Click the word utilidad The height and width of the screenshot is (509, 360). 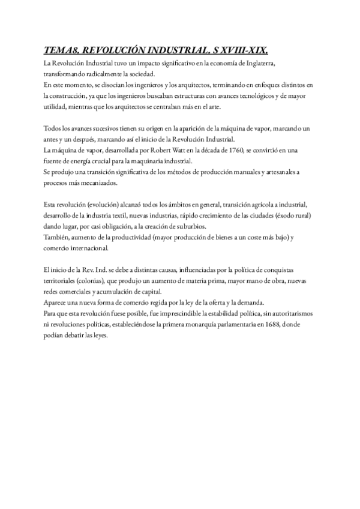[56, 106]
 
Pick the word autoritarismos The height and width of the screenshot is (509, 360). [290, 313]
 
